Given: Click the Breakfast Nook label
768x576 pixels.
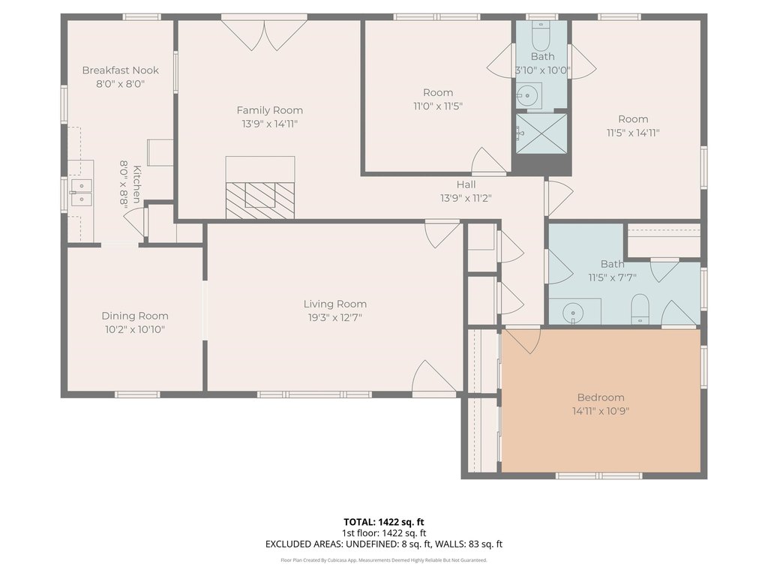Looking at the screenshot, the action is tap(121, 70).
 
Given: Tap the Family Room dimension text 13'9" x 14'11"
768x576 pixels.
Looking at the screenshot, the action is tap(269, 124).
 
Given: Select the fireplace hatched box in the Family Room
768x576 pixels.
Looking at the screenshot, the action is tap(260, 199).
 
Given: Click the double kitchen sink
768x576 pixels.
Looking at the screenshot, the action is tap(81, 193).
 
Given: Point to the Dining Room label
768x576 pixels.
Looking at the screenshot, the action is tap(135, 316).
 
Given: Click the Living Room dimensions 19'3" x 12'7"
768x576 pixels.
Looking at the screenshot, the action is tap(335, 317).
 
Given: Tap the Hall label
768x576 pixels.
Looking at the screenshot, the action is tap(466, 184).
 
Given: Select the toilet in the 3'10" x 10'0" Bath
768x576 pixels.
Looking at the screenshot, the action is tap(541, 30).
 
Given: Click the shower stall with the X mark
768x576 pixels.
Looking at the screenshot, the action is tap(541, 133).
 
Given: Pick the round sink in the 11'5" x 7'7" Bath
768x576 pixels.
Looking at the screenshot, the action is tap(572, 312).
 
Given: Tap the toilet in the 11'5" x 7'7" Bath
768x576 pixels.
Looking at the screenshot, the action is tap(640, 308).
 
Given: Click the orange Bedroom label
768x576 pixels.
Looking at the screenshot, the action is tap(601, 397).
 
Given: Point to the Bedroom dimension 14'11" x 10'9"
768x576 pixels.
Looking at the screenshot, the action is tap(601, 411).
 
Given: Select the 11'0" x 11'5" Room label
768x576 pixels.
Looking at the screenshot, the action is tap(438, 92).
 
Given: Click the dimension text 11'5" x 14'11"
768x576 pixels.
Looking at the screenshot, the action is tap(633, 133).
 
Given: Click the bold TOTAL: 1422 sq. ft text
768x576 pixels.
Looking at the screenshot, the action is tap(383, 522).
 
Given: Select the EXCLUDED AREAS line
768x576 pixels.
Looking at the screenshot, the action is tap(383, 544).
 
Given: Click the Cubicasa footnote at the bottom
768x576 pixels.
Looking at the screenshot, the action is tap(383, 559).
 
